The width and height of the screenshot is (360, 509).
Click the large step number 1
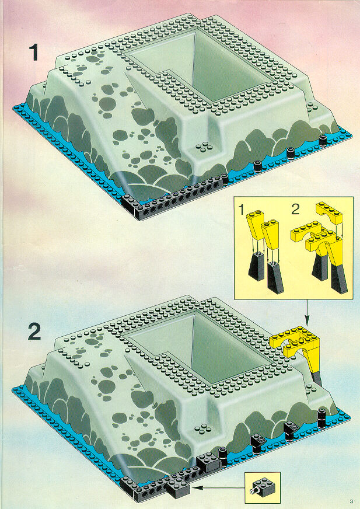pos(33,53)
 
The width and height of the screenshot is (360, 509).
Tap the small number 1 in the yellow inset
pos(241,210)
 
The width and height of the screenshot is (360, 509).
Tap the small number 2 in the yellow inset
pos(295,210)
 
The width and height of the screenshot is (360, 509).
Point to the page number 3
pos(351,501)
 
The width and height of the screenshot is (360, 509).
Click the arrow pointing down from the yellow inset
pos(307,313)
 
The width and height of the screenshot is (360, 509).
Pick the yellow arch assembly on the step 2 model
pos(297,351)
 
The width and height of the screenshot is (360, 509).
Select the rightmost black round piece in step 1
pos(323,141)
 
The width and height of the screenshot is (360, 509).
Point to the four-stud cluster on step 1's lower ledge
pos(204,148)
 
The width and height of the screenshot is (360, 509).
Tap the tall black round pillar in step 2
pos(321,418)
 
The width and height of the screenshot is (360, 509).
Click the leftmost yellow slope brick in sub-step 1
pos(255,225)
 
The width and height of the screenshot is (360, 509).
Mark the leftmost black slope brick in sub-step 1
pos(256,267)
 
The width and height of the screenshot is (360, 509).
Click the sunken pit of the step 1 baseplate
pos(198,68)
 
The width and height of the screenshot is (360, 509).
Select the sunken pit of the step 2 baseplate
pos(198,348)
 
